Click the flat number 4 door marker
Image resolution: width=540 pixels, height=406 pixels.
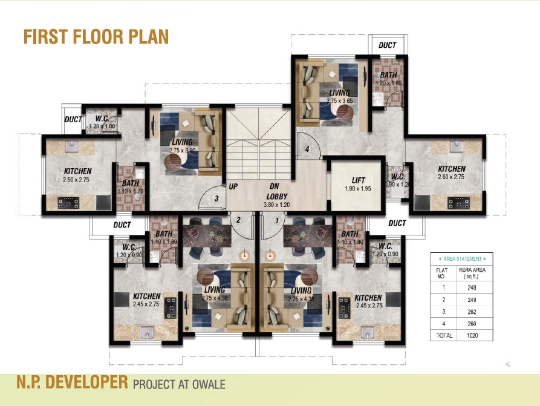(x=307, y=149)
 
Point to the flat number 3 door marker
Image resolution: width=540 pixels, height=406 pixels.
(x=216, y=197)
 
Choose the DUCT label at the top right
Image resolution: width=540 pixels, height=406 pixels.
(x=387, y=45)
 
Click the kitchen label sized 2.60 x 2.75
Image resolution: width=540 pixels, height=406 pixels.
(x=452, y=172)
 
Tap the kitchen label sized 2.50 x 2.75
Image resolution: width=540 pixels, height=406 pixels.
(x=76, y=175)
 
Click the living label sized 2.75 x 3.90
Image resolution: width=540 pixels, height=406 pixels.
(x=183, y=145)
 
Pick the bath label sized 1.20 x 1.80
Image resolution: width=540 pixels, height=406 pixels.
(x=388, y=79)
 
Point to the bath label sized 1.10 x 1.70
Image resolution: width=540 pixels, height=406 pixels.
(x=131, y=187)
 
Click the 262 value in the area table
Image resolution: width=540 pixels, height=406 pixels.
(x=471, y=312)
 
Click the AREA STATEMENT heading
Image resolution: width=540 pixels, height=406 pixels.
(x=461, y=258)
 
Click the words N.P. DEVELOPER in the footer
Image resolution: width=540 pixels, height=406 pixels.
(x=73, y=383)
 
